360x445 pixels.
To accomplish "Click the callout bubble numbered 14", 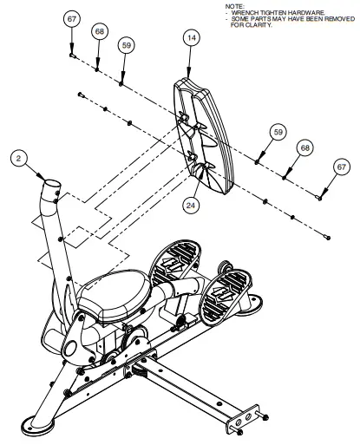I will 191,38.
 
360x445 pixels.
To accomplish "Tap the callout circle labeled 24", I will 191,205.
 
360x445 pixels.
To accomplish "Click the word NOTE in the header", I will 233,6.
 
